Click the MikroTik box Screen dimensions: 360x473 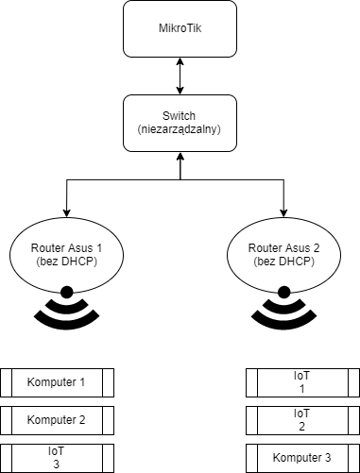point(180,28)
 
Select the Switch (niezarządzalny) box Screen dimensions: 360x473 point(180,123)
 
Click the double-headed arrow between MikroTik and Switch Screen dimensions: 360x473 point(180,76)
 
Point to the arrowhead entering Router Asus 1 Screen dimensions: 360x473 point(66,213)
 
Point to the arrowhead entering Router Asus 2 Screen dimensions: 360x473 point(283,213)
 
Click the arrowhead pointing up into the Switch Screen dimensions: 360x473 point(180,156)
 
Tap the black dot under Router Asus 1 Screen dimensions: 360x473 point(66,293)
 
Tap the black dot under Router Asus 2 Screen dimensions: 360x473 point(283,293)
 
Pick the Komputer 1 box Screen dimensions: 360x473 point(57,382)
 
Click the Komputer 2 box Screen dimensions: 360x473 point(57,420)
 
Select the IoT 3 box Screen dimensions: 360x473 point(57,458)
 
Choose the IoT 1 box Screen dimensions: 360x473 point(302,382)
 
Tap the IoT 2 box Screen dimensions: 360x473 point(302,420)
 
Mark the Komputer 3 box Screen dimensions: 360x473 point(302,458)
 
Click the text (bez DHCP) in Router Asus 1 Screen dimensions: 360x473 point(66,262)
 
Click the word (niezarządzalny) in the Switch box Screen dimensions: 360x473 point(180,129)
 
